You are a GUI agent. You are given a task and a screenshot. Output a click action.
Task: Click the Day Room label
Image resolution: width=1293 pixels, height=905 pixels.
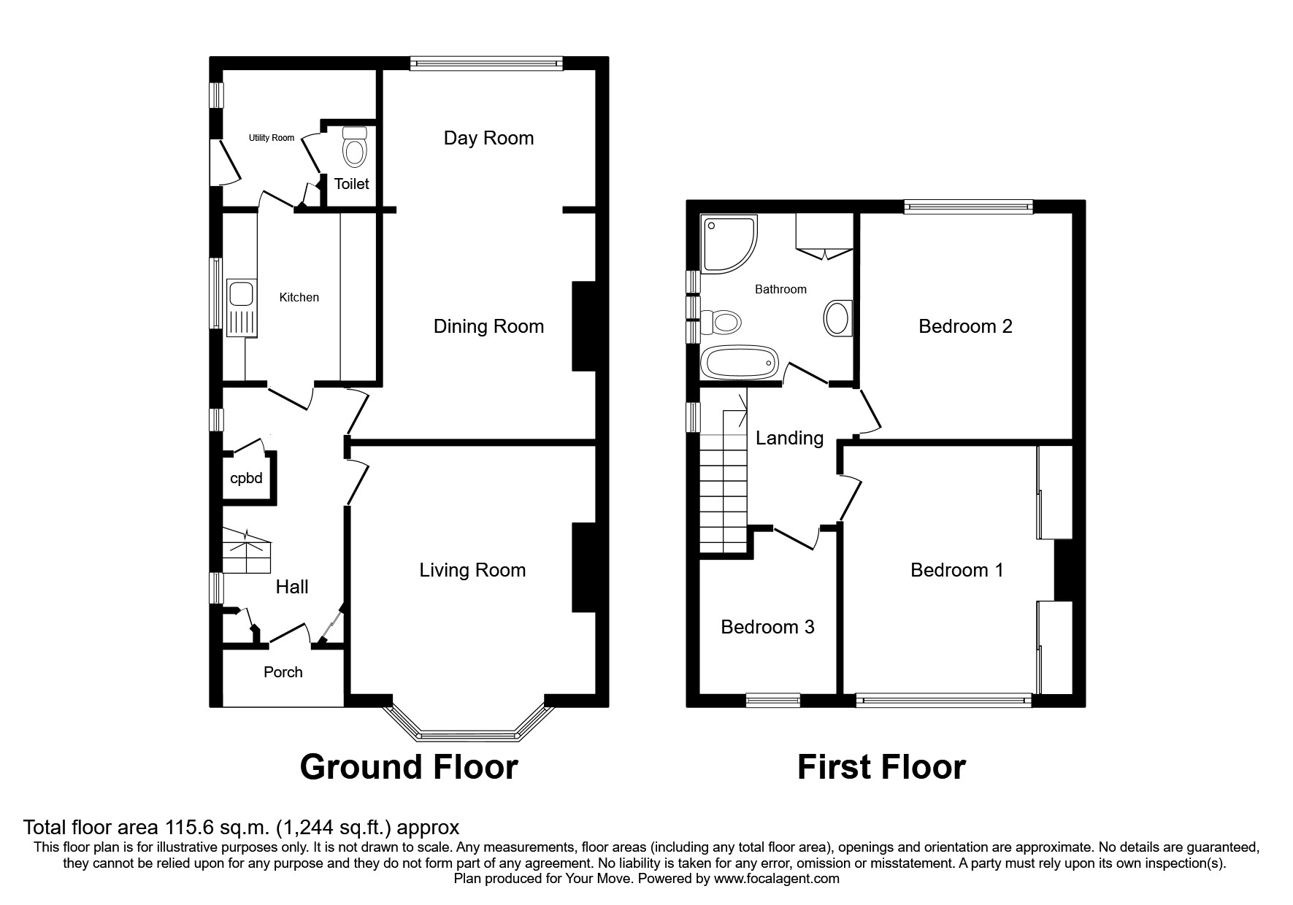(488, 138)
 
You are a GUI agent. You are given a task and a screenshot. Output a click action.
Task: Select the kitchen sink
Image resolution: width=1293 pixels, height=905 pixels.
(240, 294)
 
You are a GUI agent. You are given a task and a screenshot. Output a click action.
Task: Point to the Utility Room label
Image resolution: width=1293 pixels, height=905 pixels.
(272, 138)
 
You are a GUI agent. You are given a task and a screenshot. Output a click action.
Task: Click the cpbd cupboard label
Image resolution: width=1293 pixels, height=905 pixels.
(246, 479)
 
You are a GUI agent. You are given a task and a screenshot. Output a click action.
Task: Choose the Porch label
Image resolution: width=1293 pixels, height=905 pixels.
(283, 672)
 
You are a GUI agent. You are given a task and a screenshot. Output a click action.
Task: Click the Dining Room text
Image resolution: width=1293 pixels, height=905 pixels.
(488, 326)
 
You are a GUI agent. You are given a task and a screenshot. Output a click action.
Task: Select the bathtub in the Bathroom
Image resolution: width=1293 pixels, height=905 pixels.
(739, 363)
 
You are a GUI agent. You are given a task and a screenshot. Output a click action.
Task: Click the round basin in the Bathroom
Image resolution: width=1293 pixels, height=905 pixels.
(837, 319)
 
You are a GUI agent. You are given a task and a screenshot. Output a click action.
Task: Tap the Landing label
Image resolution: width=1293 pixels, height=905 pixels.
(789, 438)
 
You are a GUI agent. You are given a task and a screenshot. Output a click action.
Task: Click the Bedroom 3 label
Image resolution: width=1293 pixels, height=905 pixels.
(767, 627)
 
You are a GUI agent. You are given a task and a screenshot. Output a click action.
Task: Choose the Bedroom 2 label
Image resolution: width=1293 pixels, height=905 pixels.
(965, 326)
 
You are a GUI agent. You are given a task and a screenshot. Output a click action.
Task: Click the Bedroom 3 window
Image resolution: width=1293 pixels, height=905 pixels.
(772, 701)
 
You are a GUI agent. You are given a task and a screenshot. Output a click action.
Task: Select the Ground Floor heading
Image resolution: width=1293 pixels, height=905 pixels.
(409, 767)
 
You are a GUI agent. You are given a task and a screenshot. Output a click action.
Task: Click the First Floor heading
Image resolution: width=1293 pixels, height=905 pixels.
(881, 767)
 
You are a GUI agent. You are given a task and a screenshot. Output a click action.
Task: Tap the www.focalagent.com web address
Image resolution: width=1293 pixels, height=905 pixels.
(777, 879)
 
